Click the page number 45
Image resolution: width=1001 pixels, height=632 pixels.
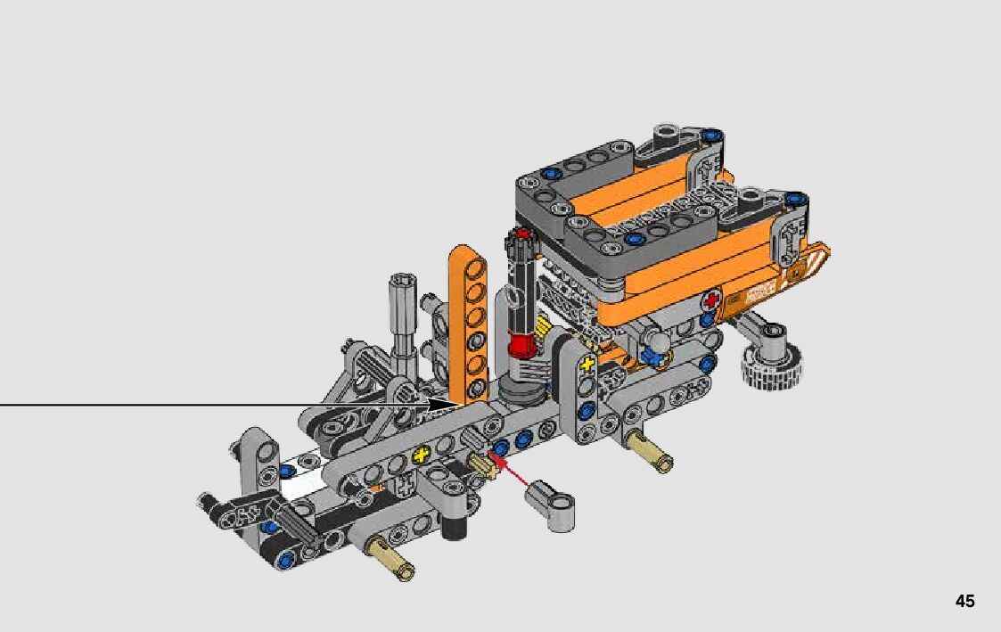tap(964, 601)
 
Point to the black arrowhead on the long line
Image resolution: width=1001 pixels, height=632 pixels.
tap(442, 405)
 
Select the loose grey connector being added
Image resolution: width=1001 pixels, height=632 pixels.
tap(549, 504)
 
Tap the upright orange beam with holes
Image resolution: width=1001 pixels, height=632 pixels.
tap(468, 324)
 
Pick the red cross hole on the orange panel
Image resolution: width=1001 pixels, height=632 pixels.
tap(710, 300)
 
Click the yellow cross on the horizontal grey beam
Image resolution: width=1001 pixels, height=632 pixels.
tap(420, 455)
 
